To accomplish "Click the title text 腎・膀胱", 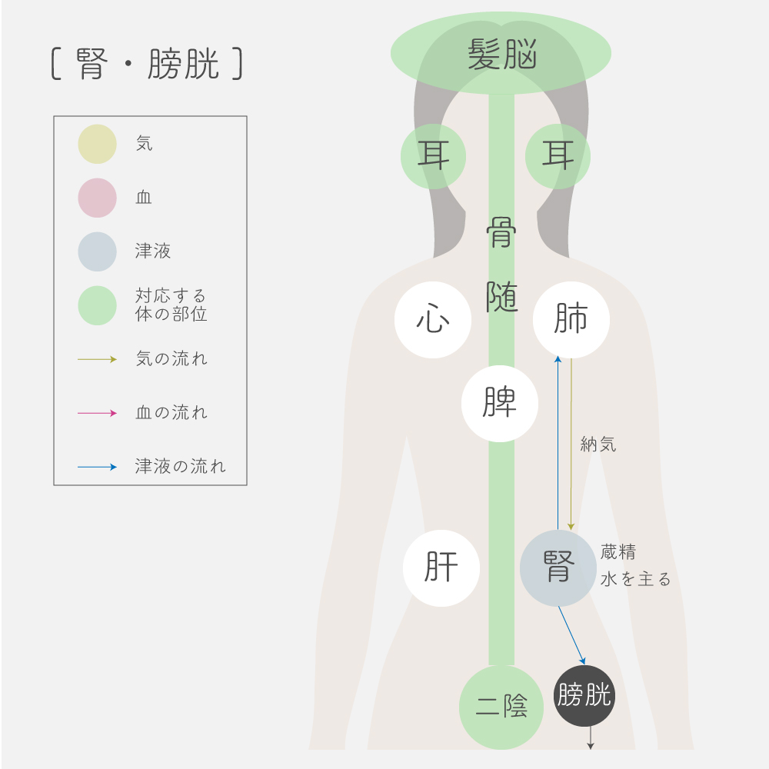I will point(147,65).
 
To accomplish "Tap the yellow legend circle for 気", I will point(97,144).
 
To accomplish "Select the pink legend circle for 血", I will point(97,198).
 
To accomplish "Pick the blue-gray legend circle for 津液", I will point(97,251).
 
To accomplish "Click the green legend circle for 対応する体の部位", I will point(97,305).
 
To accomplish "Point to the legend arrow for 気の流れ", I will point(97,359).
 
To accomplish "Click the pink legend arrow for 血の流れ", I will point(97,413).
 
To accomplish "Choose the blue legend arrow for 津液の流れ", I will point(97,467).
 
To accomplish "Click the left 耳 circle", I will point(433,156).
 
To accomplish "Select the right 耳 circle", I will point(558,156).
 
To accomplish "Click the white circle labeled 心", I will point(433,320).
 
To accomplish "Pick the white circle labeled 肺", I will point(571,320).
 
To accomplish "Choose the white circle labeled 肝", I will point(441,568).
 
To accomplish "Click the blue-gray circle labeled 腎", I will point(558,568).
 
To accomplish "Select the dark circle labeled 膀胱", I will point(584,696).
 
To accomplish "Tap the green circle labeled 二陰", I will point(501,707).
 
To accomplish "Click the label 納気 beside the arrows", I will point(598,444).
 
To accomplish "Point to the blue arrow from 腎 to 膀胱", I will point(572,635).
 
